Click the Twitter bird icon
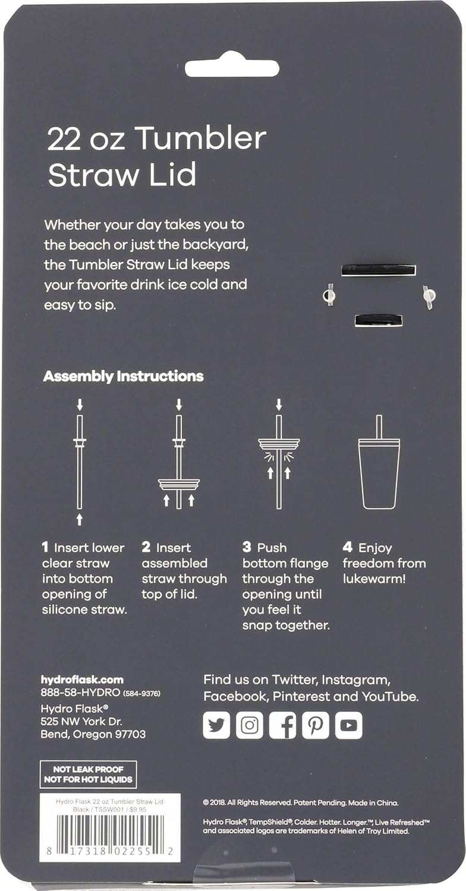[216, 725]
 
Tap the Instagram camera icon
[250, 725]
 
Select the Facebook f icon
[282, 725]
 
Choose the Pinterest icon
[316, 725]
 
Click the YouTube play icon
[348, 725]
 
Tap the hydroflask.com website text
[82, 680]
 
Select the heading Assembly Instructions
[123, 376]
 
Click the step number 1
[45, 548]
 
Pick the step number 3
[247, 548]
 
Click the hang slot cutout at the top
[232, 67]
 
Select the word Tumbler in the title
[200, 139]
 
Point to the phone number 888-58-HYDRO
[80, 693]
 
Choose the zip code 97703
[128, 734]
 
